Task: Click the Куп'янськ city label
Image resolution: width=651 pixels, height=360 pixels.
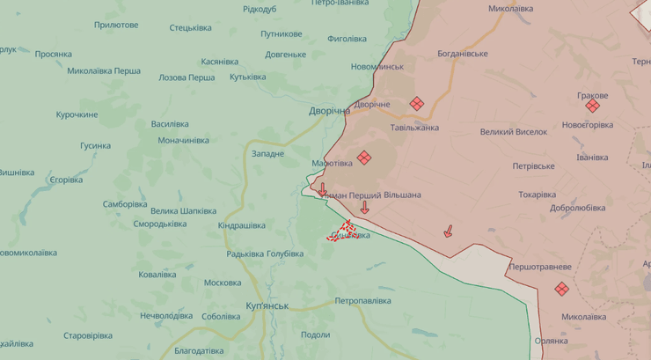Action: pyautogui.click(x=255, y=305)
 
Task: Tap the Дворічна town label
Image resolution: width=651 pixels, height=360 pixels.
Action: pyautogui.click(x=330, y=111)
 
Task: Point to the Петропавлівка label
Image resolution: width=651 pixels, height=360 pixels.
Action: pyautogui.click(x=362, y=301)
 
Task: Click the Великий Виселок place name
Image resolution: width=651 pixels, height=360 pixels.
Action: pyautogui.click(x=514, y=132)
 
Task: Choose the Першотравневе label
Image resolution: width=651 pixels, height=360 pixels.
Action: pyautogui.click(x=540, y=267)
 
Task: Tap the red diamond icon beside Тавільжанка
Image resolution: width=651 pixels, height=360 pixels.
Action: pyautogui.click(x=417, y=104)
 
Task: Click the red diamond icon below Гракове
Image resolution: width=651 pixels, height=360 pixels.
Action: pyautogui.click(x=593, y=106)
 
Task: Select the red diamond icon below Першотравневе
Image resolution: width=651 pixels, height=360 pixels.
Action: pyautogui.click(x=562, y=289)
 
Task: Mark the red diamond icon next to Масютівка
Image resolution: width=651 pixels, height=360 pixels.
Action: pyautogui.click(x=364, y=158)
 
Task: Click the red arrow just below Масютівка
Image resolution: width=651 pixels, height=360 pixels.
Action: pyautogui.click(x=323, y=190)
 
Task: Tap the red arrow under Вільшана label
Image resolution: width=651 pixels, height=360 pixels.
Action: pyautogui.click(x=364, y=208)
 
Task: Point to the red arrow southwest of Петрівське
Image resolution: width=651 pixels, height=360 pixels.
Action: pyautogui.click(x=448, y=231)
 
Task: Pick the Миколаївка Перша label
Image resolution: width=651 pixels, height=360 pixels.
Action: pyautogui.click(x=104, y=71)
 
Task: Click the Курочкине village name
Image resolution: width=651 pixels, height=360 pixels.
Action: pyautogui.click(x=77, y=114)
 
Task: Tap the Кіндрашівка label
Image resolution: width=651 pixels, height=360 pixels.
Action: pyautogui.click(x=242, y=225)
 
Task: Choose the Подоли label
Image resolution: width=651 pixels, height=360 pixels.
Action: pyautogui.click(x=315, y=334)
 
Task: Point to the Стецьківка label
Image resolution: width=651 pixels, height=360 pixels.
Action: pyautogui.click(x=190, y=27)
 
